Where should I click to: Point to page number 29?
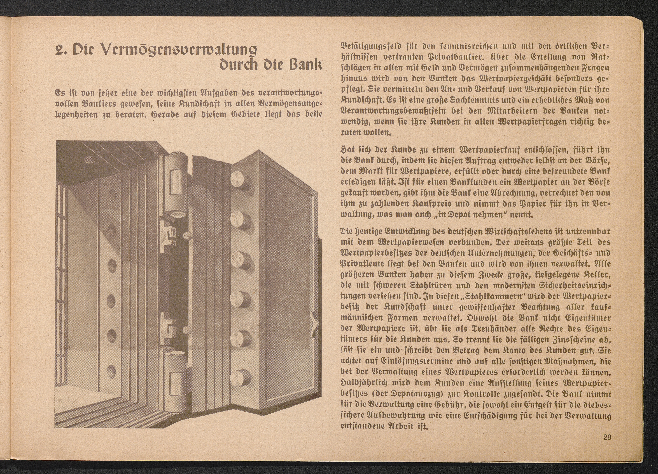click(x=607, y=437)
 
